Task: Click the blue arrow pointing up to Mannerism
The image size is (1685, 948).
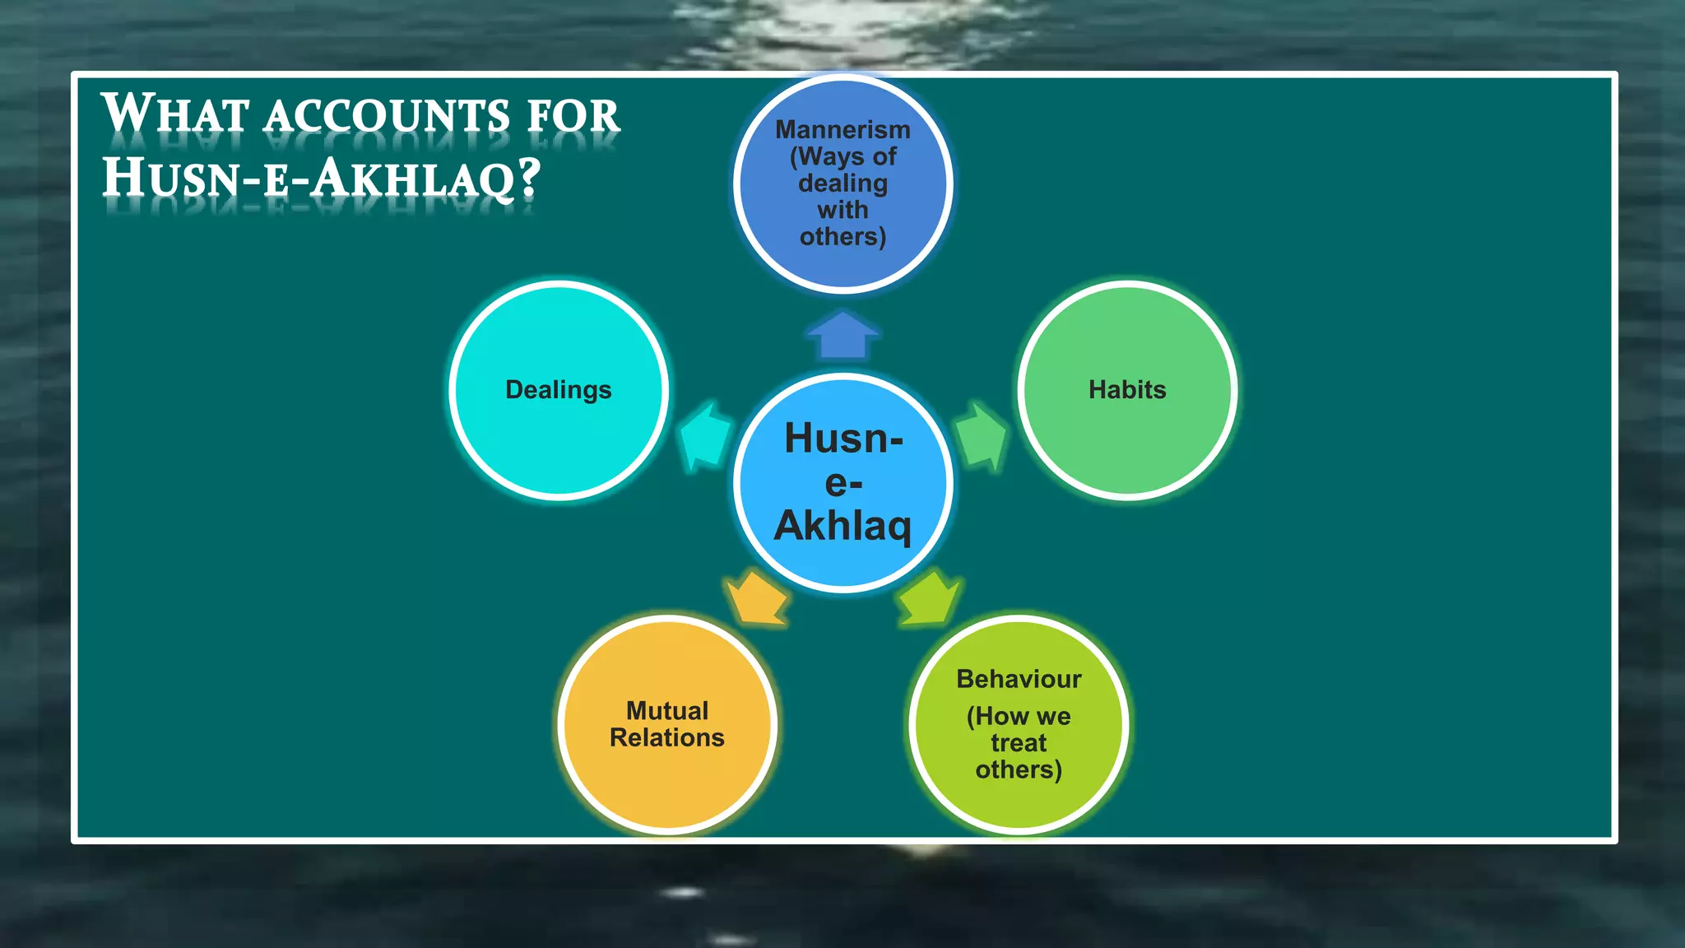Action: click(842, 337)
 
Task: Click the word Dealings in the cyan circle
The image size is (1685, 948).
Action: click(558, 390)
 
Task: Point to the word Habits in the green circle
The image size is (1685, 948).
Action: click(1127, 390)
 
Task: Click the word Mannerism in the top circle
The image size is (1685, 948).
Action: click(842, 130)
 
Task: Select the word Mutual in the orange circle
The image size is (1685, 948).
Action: click(667, 711)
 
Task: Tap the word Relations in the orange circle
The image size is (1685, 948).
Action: click(667, 738)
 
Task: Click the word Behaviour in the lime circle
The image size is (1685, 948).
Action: click(1019, 680)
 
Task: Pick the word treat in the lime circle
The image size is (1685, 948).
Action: click(1019, 743)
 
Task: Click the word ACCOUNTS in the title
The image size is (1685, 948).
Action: click(387, 116)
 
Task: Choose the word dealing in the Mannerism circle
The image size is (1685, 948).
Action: click(842, 184)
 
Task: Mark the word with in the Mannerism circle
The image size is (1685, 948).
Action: click(842, 211)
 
